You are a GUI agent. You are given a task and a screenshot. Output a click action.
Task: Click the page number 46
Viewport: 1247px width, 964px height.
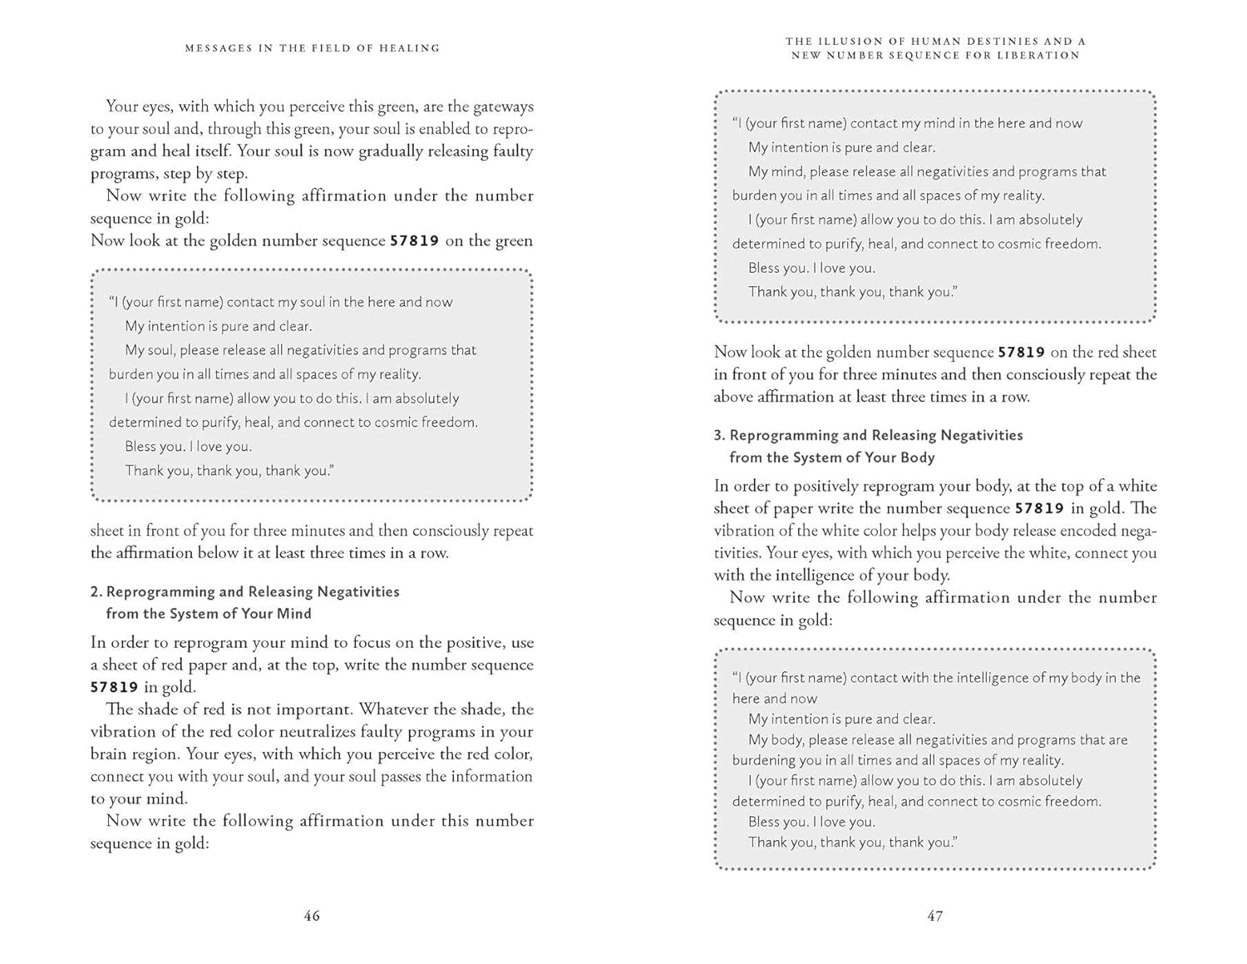point(312,916)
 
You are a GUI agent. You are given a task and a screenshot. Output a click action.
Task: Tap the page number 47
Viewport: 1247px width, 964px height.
point(935,916)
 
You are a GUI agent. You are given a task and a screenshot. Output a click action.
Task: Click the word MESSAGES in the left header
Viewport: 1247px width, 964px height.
point(218,48)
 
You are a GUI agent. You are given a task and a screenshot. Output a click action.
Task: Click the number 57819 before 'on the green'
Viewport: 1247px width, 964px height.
point(414,241)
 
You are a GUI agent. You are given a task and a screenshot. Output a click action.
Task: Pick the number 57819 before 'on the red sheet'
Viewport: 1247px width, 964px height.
point(1022,353)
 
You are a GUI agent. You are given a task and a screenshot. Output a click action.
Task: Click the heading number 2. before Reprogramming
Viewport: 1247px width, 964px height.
point(96,592)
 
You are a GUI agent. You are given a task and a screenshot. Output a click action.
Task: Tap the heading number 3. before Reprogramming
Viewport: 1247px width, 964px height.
point(720,436)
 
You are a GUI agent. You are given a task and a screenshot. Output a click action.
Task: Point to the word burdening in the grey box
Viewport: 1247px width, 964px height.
point(763,760)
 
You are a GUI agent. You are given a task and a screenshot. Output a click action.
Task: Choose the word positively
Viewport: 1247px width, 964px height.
point(825,487)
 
